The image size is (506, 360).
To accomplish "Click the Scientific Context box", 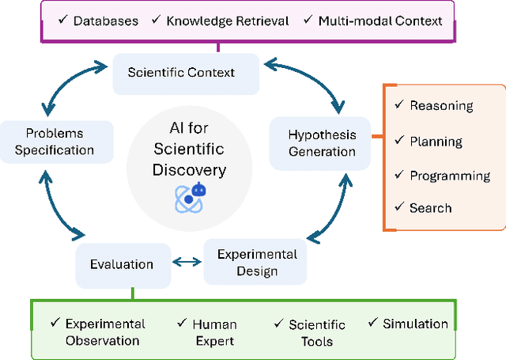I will point(181,72).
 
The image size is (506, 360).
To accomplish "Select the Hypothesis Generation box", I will point(321,142).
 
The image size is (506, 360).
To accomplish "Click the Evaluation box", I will point(121,264).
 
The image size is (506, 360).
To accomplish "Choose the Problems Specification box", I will point(54,142).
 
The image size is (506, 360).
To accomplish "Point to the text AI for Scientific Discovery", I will point(189,149).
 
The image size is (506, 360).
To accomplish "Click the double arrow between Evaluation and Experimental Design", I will point(187,262).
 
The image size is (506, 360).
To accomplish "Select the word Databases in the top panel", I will point(105,21).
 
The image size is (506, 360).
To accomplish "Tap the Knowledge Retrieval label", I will point(228,21).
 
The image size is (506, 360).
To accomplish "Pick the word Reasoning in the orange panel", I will point(441,106).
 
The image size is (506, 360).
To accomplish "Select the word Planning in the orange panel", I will point(436,142).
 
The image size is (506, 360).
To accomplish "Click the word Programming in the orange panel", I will point(450,176).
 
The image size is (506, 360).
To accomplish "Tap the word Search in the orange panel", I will point(430,208).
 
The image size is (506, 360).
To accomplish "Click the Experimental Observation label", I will point(105,332).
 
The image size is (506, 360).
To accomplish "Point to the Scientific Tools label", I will point(316,333).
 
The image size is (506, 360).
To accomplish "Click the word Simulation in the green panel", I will point(415,324).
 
